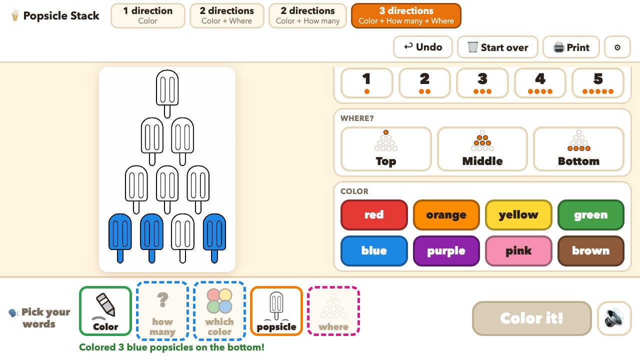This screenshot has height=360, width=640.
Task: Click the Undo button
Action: (423, 47)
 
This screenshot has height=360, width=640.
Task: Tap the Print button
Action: (571, 47)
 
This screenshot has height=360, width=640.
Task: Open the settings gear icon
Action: (617, 47)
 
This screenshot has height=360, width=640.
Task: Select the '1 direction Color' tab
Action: (147, 15)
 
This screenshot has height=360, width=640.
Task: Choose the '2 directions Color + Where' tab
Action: (227, 15)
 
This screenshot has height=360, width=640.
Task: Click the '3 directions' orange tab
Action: (406, 15)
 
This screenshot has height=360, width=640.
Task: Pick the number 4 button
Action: (540, 83)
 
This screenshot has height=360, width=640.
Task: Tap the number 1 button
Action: (367, 83)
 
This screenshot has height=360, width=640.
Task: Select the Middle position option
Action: (482, 149)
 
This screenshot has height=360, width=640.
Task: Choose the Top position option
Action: (386, 149)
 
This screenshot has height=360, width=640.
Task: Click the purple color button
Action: (446, 251)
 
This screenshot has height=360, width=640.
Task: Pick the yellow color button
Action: (518, 215)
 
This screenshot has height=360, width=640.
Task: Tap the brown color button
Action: (591, 251)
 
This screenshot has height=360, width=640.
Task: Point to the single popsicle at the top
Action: (167, 93)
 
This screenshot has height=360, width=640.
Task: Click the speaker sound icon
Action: (614, 318)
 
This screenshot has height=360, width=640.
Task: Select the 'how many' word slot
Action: (162, 311)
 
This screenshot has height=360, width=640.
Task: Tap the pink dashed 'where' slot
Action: (333, 311)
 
